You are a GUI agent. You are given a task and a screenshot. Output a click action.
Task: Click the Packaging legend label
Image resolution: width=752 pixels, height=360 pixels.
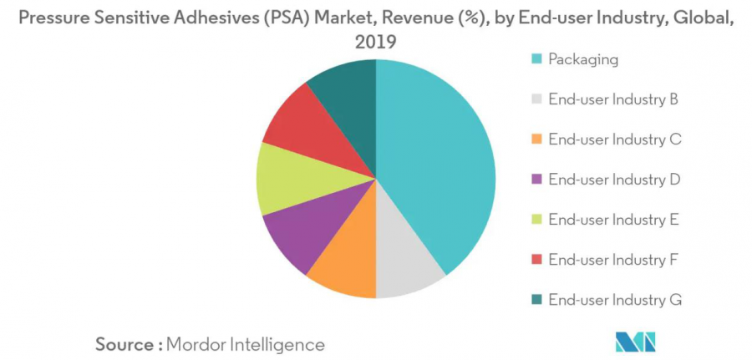click(583, 59)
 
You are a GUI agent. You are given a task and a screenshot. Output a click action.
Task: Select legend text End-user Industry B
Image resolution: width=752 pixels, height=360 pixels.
click(612, 99)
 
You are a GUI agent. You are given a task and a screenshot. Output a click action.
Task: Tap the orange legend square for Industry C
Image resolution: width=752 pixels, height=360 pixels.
click(537, 139)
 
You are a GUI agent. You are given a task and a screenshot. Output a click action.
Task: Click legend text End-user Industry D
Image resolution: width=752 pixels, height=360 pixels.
click(613, 180)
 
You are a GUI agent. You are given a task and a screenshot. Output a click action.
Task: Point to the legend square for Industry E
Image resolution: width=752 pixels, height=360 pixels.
click(537, 220)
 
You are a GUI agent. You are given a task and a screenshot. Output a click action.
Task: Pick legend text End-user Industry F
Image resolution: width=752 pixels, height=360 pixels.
click(612, 260)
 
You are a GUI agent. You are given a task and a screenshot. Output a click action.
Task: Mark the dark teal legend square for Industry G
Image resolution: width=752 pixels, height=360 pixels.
click(537, 300)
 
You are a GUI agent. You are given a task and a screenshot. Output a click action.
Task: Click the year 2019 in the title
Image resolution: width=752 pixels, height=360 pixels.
click(376, 42)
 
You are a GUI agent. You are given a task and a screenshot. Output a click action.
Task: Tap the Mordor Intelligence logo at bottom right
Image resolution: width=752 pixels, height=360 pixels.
click(635, 342)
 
